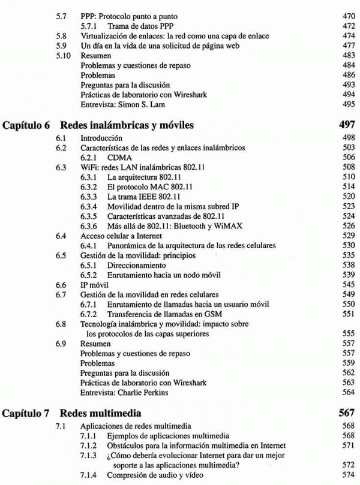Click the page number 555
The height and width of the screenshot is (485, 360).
(x=348, y=333)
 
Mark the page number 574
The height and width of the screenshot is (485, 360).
(x=348, y=475)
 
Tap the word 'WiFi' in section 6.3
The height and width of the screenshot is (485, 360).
(x=89, y=167)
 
